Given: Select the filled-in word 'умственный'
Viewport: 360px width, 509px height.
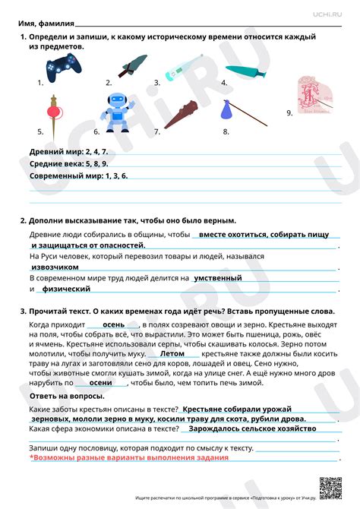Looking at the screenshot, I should (219, 278).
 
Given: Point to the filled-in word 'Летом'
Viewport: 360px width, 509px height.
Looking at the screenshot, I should (173, 353).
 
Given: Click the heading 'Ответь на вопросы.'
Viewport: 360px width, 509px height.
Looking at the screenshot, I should (66, 397).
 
